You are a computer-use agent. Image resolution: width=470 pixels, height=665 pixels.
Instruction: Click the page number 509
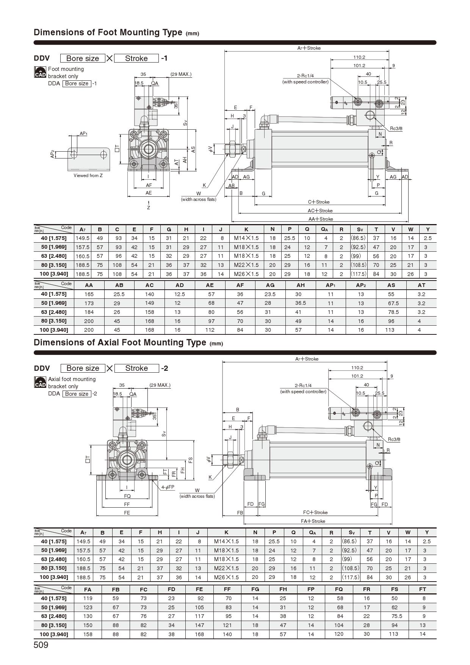point(41,645)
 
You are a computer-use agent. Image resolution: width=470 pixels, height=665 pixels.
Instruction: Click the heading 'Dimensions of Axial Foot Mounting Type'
point(120,342)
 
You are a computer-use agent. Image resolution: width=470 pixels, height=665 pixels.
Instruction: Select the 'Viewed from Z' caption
point(88,176)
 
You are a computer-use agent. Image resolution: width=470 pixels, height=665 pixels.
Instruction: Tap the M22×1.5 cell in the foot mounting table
point(246,265)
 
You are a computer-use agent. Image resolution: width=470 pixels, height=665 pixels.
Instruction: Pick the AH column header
point(300,285)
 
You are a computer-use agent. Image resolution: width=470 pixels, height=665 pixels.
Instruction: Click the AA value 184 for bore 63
point(89,312)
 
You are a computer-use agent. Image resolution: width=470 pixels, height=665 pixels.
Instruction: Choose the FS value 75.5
point(395,616)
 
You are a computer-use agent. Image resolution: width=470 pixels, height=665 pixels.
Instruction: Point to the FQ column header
point(339,589)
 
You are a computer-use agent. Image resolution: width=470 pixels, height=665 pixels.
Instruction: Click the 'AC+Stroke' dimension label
point(320,211)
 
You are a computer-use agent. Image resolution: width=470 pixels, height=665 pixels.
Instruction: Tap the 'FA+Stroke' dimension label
point(313,521)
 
